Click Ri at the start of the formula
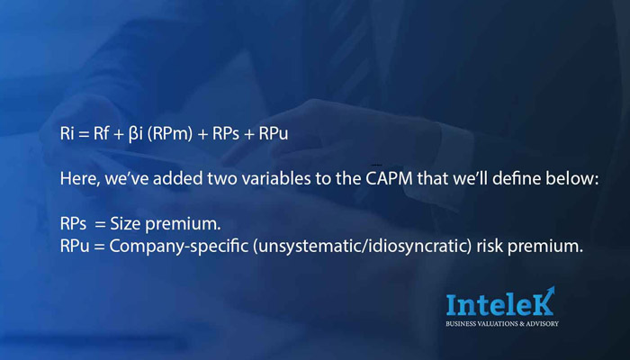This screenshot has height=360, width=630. (67, 133)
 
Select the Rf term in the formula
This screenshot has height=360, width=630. (101, 133)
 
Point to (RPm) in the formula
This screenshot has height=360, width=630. (170, 134)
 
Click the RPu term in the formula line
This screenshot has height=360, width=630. (274, 134)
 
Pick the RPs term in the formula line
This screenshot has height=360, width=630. (226, 134)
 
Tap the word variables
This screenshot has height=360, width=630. (276, 179)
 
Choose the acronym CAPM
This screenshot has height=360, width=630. (390, 179)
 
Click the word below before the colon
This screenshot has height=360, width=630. (569, 178)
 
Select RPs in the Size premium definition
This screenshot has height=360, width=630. (73, 224)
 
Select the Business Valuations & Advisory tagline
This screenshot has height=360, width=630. (502, 324)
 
